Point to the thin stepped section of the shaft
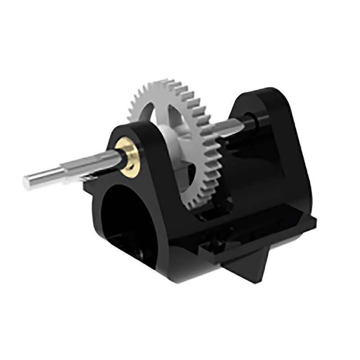click(45, 176)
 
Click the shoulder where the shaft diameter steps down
click(66, 171)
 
